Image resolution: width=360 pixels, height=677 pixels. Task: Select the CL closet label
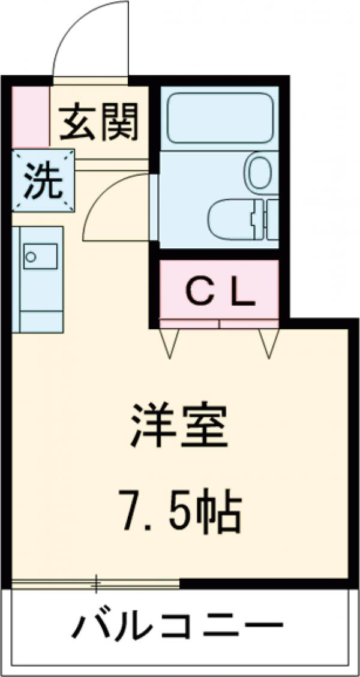click(x=219, y=292)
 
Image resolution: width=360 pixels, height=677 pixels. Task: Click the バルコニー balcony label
click(x=178, y=628)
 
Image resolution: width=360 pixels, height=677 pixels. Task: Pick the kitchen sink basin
click(x=40, y=256)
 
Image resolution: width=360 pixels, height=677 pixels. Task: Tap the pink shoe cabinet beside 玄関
click(x=31, y=117)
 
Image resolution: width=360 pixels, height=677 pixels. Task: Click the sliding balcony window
click(x=96, y=583)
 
